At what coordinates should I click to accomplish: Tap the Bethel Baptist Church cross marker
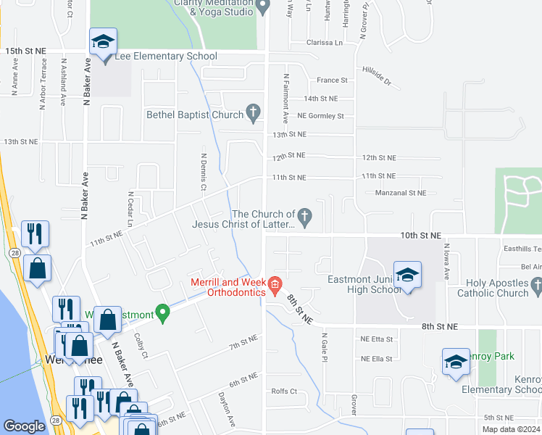pos(253,113)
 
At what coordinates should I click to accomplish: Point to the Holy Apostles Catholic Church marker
pos(536,288)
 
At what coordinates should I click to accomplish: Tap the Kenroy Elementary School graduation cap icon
pos(456,363)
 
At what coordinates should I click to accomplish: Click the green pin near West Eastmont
pos(164,314)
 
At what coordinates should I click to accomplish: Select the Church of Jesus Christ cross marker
pos(305,215)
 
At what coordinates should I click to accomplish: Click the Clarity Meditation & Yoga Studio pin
pos(264,7)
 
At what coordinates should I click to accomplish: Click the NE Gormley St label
pos(320,116)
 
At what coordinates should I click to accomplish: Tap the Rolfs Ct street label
pos(284,391)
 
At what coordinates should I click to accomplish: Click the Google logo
pos(25,426)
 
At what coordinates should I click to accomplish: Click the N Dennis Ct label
pos(204,172)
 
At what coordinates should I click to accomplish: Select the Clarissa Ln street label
pos(324,43)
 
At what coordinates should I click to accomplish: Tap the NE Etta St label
pos(376,339)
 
